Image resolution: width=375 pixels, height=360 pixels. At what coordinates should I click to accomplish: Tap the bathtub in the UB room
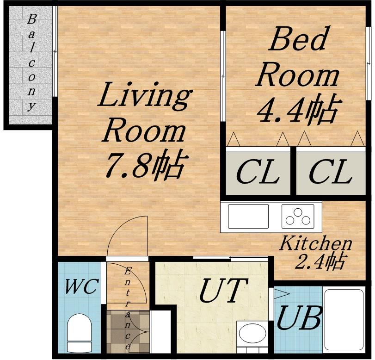pyautogui.click(x=344, y=320)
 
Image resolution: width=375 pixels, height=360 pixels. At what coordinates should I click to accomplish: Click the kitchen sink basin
pyautogui.click(x=248, y=216)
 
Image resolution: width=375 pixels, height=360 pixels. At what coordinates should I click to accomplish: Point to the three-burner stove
pyautogui.click(x=298, y=216)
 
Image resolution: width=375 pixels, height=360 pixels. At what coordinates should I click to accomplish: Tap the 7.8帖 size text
pyautogui.click(x=145, y=165)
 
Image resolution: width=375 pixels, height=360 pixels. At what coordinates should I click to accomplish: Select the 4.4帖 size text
pyautogui.click(x=297, y=111)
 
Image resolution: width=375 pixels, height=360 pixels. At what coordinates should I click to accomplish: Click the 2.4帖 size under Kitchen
pyautogui.click(x=320, y=261)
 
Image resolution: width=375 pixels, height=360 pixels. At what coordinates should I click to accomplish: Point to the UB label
pyautogui.click(x=299, y=318)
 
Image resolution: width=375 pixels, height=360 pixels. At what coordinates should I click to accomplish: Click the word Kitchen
pyautogui.click(x=315, y=244)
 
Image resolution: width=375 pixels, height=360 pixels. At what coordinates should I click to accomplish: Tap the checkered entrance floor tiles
pyautogui.click(x=129, y=331)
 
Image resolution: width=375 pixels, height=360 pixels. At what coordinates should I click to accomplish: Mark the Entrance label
pyautogui.click(x=128, y=309)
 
